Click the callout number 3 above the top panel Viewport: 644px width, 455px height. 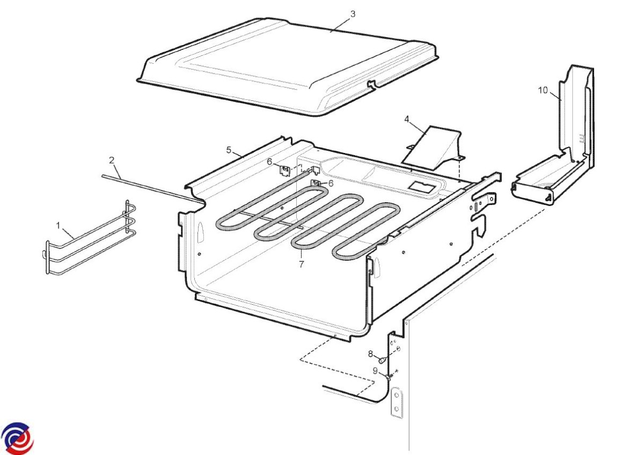click(353, 14)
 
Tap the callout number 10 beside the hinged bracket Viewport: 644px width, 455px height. click(543, 90)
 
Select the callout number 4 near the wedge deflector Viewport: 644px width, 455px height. click(407, 119)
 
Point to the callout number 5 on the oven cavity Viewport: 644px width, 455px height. click(229, 150)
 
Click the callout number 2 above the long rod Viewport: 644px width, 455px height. click(112, 160)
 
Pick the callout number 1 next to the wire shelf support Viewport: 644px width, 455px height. click(58, 226)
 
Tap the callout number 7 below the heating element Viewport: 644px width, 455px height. click(301, 264)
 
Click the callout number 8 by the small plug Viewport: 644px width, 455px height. click(371, 354)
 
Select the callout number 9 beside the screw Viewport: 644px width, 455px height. click(375, 371)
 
